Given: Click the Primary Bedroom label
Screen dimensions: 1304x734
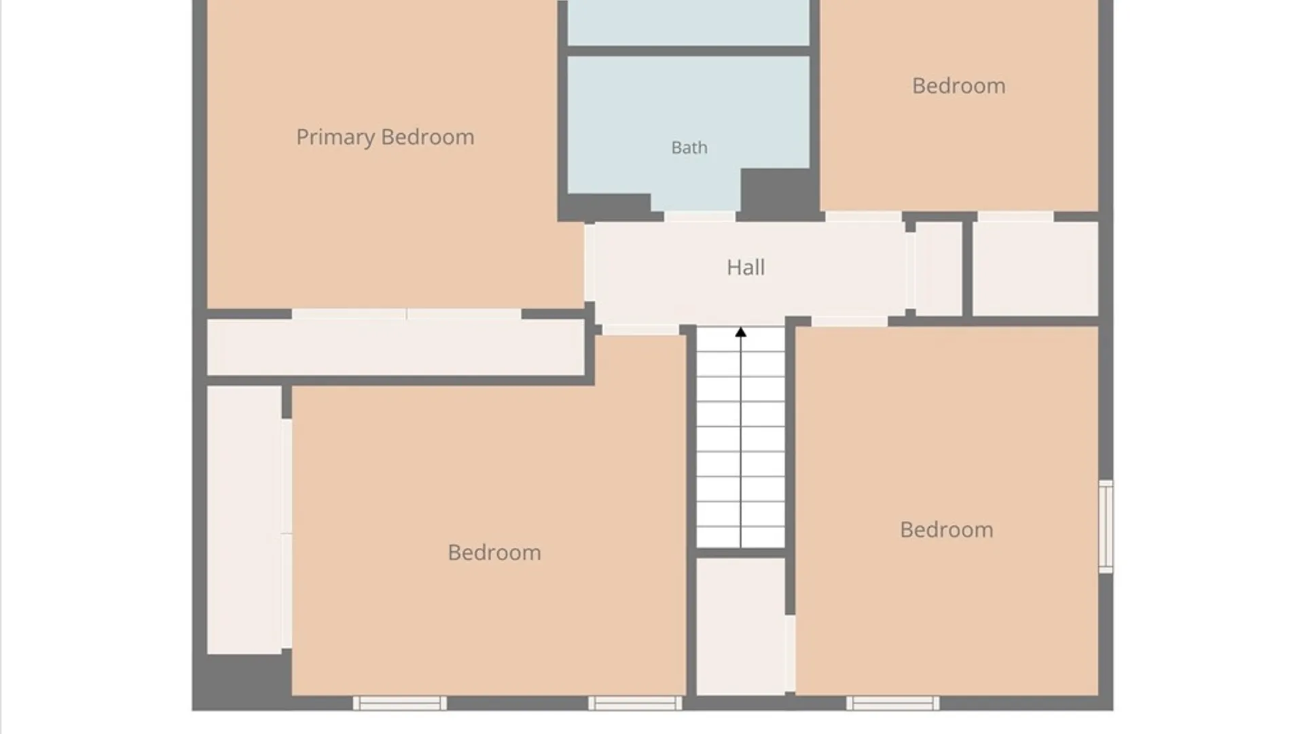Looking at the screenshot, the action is (x=385, y=137).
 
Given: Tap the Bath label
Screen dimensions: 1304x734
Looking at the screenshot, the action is (x=689, y=147).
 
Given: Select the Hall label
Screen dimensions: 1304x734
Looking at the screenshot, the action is (x=746, y=267).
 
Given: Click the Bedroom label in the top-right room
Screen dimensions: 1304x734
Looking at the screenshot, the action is (x=958, y=86).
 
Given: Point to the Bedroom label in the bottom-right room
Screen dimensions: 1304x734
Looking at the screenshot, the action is (x=946, y=529).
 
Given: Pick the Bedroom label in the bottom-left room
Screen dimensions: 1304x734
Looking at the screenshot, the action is (x=494, y=553).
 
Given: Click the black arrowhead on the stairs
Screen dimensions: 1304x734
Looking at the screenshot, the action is (x=740, y=332).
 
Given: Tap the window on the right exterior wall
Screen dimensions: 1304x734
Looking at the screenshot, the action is (x=1106, y=527).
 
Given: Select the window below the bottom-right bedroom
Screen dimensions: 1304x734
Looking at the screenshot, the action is (x=892, y=703).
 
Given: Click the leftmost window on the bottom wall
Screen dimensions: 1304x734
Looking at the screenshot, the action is (x=399, y=703).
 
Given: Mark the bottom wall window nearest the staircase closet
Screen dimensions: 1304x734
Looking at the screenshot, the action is (x=634, y=703).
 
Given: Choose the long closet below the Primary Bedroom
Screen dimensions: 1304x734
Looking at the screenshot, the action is (x=395, y=347).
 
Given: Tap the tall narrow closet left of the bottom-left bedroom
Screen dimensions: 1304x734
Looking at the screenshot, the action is (x=244, y=520).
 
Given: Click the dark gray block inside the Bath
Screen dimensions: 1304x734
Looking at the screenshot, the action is (x=779, y=193).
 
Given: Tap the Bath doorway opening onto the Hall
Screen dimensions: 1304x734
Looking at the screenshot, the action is (x=700, y=216).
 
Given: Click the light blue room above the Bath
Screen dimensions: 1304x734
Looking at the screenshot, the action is (x=689, y=22).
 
